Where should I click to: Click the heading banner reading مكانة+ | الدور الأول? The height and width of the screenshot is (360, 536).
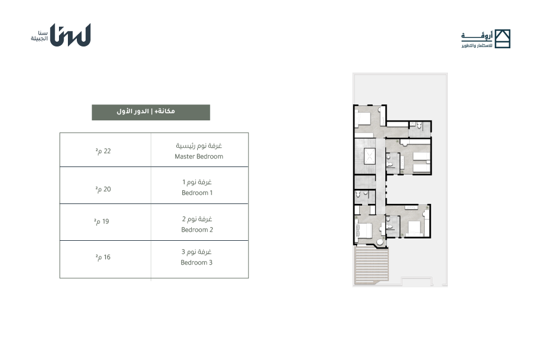(151, 112)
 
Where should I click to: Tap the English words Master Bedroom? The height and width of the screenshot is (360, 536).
(199, 156)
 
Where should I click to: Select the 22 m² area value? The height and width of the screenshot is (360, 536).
(103, 151)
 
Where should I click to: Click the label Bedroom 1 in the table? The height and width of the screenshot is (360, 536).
(197, 193)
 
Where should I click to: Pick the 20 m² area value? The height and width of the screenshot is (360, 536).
(103, 189)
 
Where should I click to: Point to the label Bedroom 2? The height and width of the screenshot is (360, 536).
(197, 229)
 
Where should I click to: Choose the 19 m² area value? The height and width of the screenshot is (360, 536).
(101, 221)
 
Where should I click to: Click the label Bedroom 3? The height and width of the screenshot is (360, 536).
(197, 262)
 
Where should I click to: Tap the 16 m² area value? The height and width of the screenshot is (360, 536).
(103, 257)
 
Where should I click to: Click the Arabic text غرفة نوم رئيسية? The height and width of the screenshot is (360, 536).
(199, 146)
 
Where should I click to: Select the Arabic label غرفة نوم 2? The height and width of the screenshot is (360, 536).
(197, 219)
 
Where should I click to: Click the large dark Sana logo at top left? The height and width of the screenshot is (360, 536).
(70, 35)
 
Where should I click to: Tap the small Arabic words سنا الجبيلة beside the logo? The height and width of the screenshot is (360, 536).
(39, 36)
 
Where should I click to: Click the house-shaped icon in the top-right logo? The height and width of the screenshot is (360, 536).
(503, 39)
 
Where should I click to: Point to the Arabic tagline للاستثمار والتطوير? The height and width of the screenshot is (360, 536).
(477, 45)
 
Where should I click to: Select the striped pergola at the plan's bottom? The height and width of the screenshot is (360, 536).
(372, 266)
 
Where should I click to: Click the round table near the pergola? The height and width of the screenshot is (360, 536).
(380, 243)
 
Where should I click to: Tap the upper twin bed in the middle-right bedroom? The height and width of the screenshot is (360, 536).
(422, 156)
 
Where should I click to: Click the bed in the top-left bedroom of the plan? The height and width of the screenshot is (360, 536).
(363, 119)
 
